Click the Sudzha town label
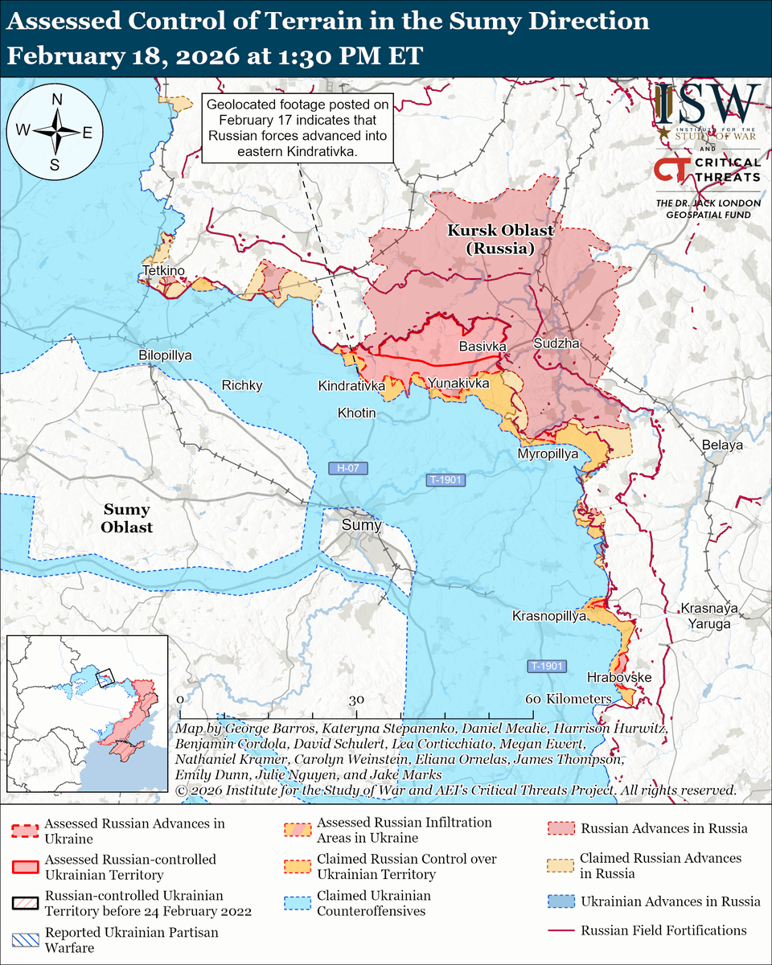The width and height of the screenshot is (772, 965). pyautogui.click(x=556, y=344)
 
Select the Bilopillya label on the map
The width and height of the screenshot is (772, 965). pyautogui.click(x=165, y=355)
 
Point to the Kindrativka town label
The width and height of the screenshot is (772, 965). pyautogui.click(x=351, y=385)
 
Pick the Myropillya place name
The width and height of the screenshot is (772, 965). pyautogui.click(x=548, y=454)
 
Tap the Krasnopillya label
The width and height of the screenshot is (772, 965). pyautogui.click(x=549, y=616)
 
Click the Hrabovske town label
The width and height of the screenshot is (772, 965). pyautogui.click(x=618, y=678)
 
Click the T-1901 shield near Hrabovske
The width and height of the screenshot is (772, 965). pyautogui.click(x=547, y=667)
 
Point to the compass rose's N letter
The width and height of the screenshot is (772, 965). pyautogui.click(x=57, y=100)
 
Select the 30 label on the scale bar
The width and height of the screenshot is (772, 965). pyautogui.click(x=356, y=700)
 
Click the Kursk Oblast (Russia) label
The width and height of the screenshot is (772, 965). pyautogui.click(x=500, y=240)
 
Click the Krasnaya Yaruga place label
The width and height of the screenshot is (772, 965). pyautogui.click(x=705, y=615)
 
